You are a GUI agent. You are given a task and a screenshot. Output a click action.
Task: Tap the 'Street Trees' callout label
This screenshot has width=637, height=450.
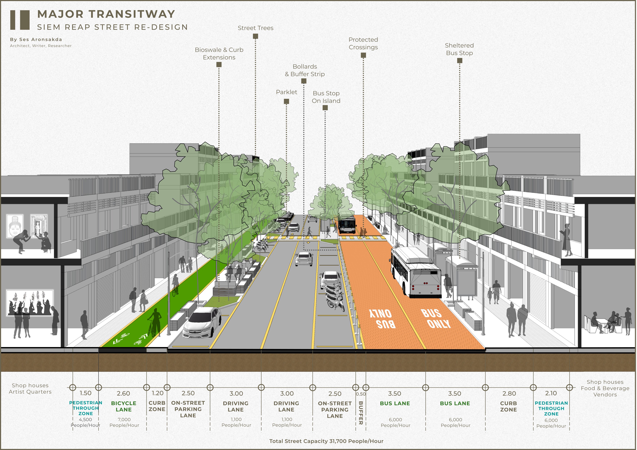(x=255, y=28)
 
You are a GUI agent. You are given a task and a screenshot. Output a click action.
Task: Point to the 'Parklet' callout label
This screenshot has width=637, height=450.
(x=286, y=92)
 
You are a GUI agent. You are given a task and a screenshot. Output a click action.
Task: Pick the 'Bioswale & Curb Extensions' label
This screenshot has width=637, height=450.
(x=219, y=54)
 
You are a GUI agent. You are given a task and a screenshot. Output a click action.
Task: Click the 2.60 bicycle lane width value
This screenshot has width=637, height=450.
(x=123, y=393)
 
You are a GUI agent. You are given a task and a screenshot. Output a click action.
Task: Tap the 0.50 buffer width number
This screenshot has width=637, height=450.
(x=361, y=394)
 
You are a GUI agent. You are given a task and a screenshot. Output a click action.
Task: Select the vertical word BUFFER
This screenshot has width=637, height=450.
(x=361, y=412)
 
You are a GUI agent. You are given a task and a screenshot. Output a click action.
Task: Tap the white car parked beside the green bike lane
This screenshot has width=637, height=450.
(x=202, y=323)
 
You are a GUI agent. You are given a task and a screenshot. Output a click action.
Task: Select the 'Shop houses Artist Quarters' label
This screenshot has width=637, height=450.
(x=30, y=389)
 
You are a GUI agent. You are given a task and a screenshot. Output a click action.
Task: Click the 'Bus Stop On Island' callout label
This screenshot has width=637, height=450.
(x=326, y=97)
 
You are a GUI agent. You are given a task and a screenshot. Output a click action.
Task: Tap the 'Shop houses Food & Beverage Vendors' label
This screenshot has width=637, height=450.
(x=605, y=388)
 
